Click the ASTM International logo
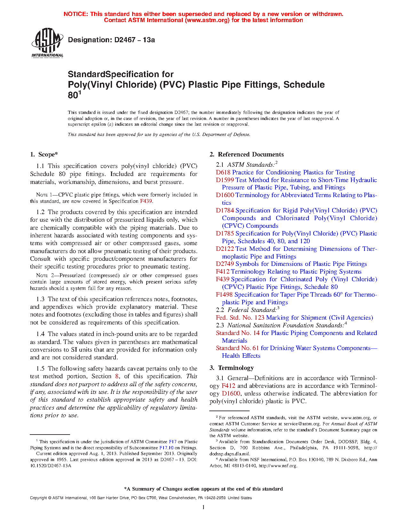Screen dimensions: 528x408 pos(47,43)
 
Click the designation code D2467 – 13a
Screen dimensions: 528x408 pos(111,40)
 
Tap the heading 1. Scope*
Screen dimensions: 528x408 pos(44,155)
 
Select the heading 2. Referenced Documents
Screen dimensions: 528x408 pos(247,155)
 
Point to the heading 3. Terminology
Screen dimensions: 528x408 pos(232,368)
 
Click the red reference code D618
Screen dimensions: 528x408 pos(223,172)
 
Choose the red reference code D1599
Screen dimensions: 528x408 pos(225,180)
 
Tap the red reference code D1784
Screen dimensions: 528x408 pos(225,211)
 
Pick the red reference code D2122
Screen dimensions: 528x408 pos(225,249)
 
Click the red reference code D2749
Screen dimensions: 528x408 pos(225,264)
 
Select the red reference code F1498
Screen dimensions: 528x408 pos(224,295)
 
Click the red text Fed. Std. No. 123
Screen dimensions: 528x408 pos(240,318)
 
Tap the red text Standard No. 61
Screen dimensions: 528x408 pos(237,348)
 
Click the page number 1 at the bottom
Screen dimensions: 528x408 pos(204,507)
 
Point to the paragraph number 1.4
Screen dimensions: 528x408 pos(41,334)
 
